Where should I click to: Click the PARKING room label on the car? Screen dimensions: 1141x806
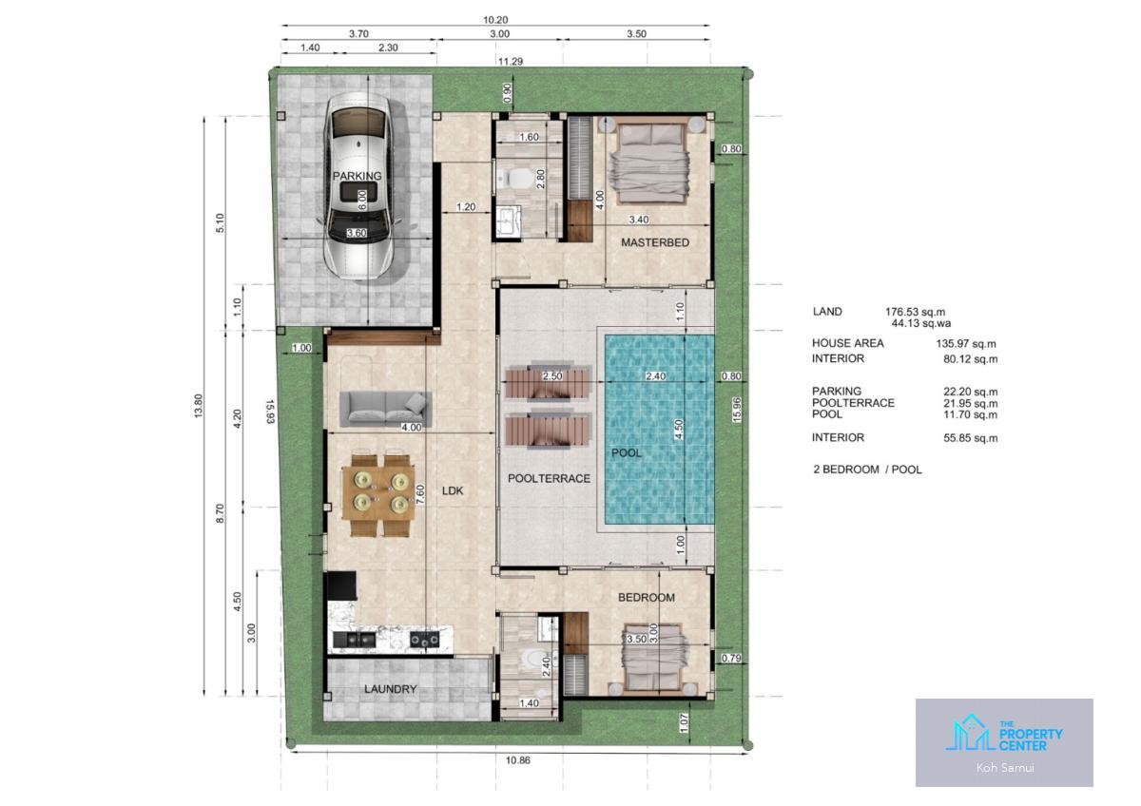357,176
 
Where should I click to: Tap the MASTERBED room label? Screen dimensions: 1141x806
655,242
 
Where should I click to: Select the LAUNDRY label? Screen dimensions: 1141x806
390,689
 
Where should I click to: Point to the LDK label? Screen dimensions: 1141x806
453,490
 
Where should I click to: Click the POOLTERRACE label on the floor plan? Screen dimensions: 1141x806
550,478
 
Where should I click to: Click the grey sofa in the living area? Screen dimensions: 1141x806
386,409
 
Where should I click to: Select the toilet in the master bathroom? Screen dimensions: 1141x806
515,178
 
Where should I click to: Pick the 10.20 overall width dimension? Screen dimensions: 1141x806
495,20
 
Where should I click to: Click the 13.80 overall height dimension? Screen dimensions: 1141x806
198,406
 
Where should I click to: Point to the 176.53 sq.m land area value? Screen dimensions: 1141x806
915,312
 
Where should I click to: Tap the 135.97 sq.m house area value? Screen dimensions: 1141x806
966,344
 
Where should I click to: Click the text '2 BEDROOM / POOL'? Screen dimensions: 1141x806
867,470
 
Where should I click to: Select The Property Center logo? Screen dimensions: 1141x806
1004,733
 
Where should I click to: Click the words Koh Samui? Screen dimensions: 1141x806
1005,768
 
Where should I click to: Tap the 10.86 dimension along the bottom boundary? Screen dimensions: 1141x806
517,760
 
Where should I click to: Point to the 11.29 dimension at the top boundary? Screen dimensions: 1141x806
511,62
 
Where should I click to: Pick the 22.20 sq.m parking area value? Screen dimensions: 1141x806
971,392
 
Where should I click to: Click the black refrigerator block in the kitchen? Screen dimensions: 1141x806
341,585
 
